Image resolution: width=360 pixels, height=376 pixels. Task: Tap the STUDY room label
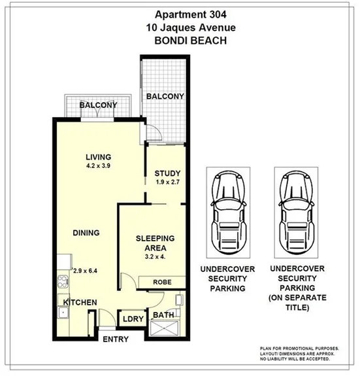(167, 173)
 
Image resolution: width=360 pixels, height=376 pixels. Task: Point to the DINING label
(86, 232)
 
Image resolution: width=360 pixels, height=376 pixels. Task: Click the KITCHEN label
(80, 302)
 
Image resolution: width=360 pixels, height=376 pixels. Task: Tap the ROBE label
(163, 282)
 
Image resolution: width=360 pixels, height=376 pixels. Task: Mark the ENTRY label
(116, 339)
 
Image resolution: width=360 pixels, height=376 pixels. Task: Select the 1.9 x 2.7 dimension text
(167, 182)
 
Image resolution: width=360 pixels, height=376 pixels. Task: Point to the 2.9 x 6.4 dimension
(86, 270)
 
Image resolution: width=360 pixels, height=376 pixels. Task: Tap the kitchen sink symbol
(64, 313)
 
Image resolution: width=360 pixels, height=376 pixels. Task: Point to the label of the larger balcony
(165, 97)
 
